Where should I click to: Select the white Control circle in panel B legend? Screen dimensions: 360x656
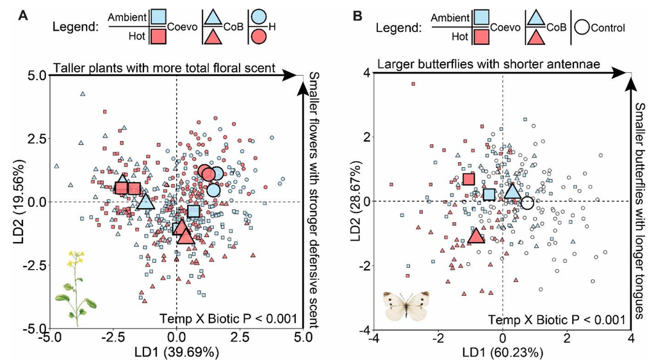click(x=582, y=28)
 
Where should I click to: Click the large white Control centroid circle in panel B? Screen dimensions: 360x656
click(x=527, y=202)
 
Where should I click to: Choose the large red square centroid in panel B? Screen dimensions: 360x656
click(x=468, y=179)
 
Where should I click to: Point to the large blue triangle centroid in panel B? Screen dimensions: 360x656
click(x=512, y=191)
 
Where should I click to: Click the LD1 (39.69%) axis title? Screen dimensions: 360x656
click(x=176, y=351)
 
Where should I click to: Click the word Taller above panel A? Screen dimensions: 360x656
click(x=69, y=67)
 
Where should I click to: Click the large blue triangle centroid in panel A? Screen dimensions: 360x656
click(x=145, y=202)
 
